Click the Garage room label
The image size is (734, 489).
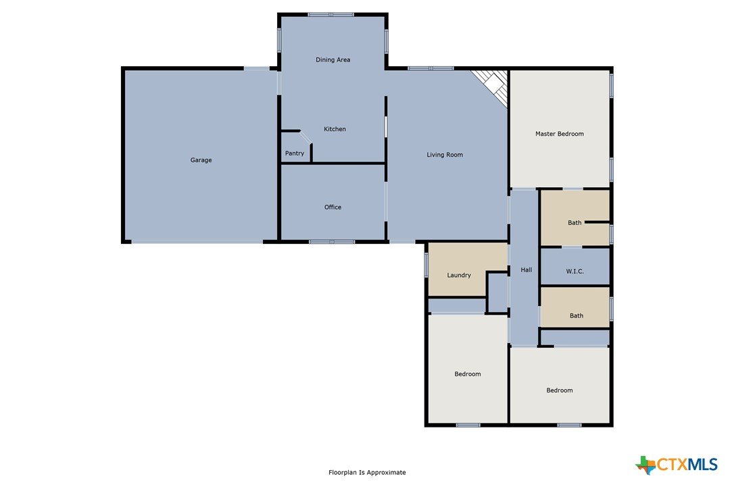(x=201, y=160)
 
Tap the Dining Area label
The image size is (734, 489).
(x=333, y=60)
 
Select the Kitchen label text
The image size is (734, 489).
(x=335, y=129)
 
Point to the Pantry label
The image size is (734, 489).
(x=295, y=153)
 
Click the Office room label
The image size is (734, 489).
(x=333, y=207)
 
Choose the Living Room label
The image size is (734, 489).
(x=445, y=155)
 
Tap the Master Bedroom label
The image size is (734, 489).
(x=560, y=134)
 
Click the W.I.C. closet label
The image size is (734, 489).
(x=575, y=272)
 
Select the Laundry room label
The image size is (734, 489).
(x=459, y=275)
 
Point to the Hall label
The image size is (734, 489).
(x=526, y=270)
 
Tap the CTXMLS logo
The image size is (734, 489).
(x=677, y=465)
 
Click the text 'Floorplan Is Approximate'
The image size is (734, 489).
(x=367, y=473)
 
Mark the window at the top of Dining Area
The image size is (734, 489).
(x=331, y=15)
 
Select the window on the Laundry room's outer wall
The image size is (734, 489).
(x=426, y=264)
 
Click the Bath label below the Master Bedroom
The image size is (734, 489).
(x=574, y=223)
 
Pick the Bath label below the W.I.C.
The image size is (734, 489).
(x=577, y=316)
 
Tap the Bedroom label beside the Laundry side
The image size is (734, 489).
(x=467, y=374)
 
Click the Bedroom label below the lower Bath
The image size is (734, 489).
(x=560, y=390)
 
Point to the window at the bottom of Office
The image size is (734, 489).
(x=331, y=242)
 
